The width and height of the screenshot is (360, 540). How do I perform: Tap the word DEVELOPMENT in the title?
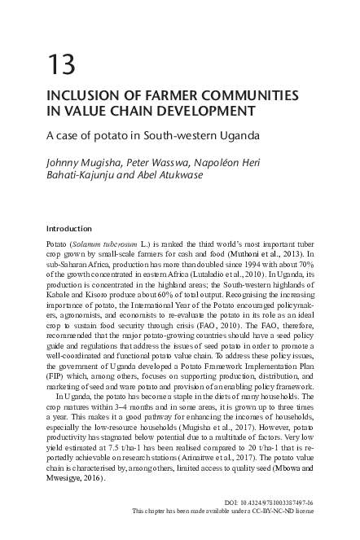209,110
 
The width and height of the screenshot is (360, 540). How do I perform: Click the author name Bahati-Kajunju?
81,174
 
